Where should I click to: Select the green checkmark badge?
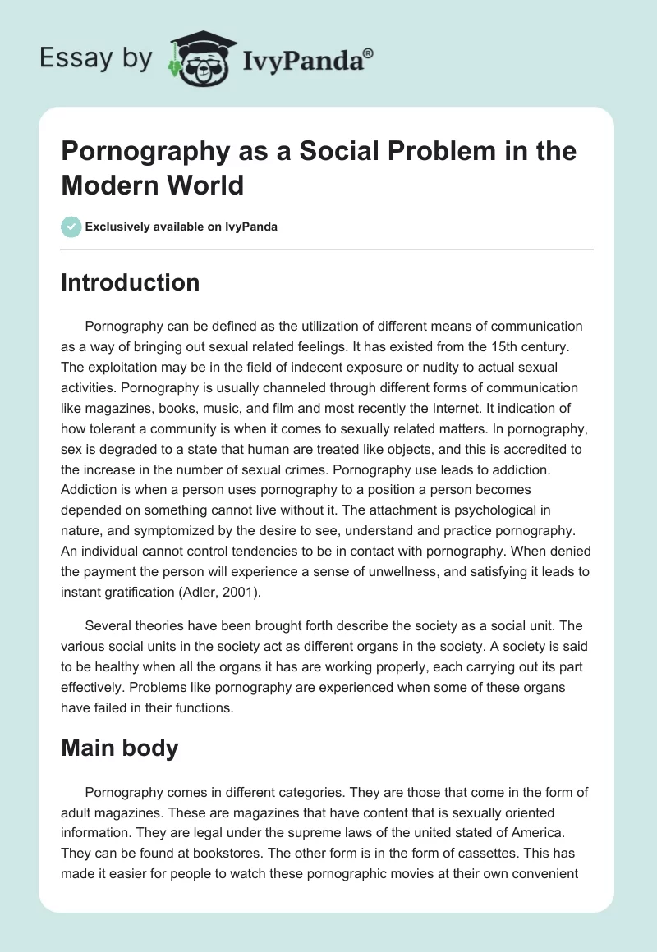tap(71, 227)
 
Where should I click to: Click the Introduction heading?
tap(130, 282)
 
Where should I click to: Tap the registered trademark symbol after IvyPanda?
tap(369, 52)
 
